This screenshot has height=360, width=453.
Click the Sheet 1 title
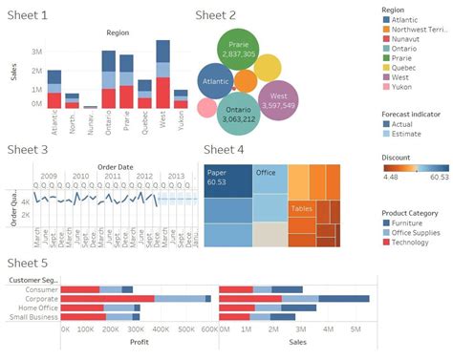point(30,15)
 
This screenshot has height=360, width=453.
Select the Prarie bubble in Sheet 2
point(236,51)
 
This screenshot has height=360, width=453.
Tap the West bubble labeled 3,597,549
point(278,100)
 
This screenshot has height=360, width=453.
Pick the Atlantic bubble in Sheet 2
point(216,83)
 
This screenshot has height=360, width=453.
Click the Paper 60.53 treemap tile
point(226,179)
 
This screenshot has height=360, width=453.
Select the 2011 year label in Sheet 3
point(112,176)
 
